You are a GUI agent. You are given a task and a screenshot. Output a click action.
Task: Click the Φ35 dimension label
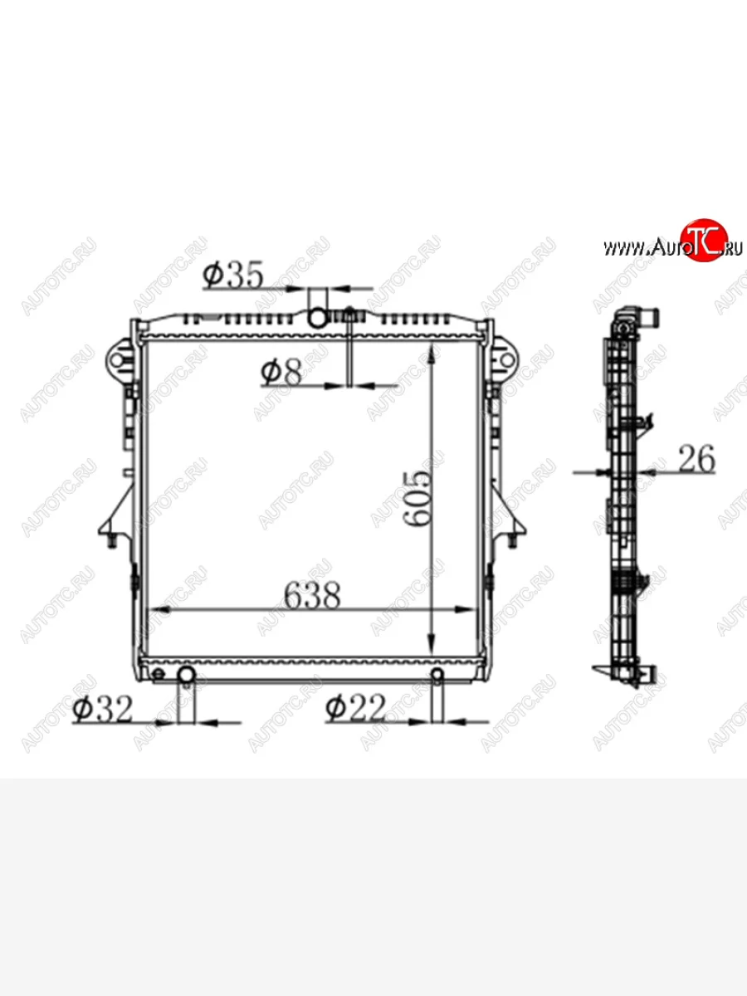point(232,275)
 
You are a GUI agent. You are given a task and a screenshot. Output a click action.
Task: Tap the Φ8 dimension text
point(281,372)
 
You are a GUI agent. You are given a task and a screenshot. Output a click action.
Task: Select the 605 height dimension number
point(417,499)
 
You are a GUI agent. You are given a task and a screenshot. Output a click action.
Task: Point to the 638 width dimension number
point(312,596)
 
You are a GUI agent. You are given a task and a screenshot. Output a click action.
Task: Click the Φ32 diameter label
point(102,709)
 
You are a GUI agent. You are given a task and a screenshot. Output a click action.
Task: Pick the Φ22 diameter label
point(355,708)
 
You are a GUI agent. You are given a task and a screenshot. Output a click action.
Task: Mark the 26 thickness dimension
point(696,459)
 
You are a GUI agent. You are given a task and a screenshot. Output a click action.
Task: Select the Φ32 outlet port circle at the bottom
point(187,676)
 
